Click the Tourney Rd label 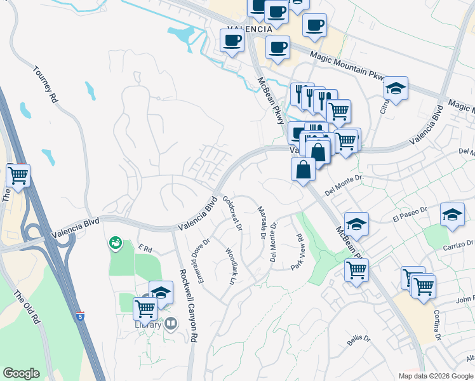tap(45, 84)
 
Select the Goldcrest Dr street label tap(232, 213)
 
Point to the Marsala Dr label tap(260, 222)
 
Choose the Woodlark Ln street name tap(231, 265)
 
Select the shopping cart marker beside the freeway tap(18, 175)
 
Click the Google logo tap(22, 373)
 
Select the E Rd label tap(145, 248)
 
